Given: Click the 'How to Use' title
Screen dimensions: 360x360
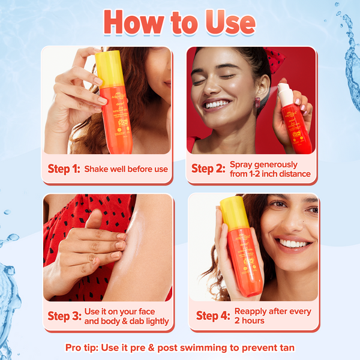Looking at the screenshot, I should [179, 22].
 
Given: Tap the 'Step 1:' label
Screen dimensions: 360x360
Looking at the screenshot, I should [64, 169].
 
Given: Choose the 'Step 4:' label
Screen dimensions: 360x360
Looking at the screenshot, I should [213, 316].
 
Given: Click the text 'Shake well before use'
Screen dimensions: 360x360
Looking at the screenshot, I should [126, 169].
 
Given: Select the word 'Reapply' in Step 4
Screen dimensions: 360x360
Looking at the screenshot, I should [251, 311].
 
